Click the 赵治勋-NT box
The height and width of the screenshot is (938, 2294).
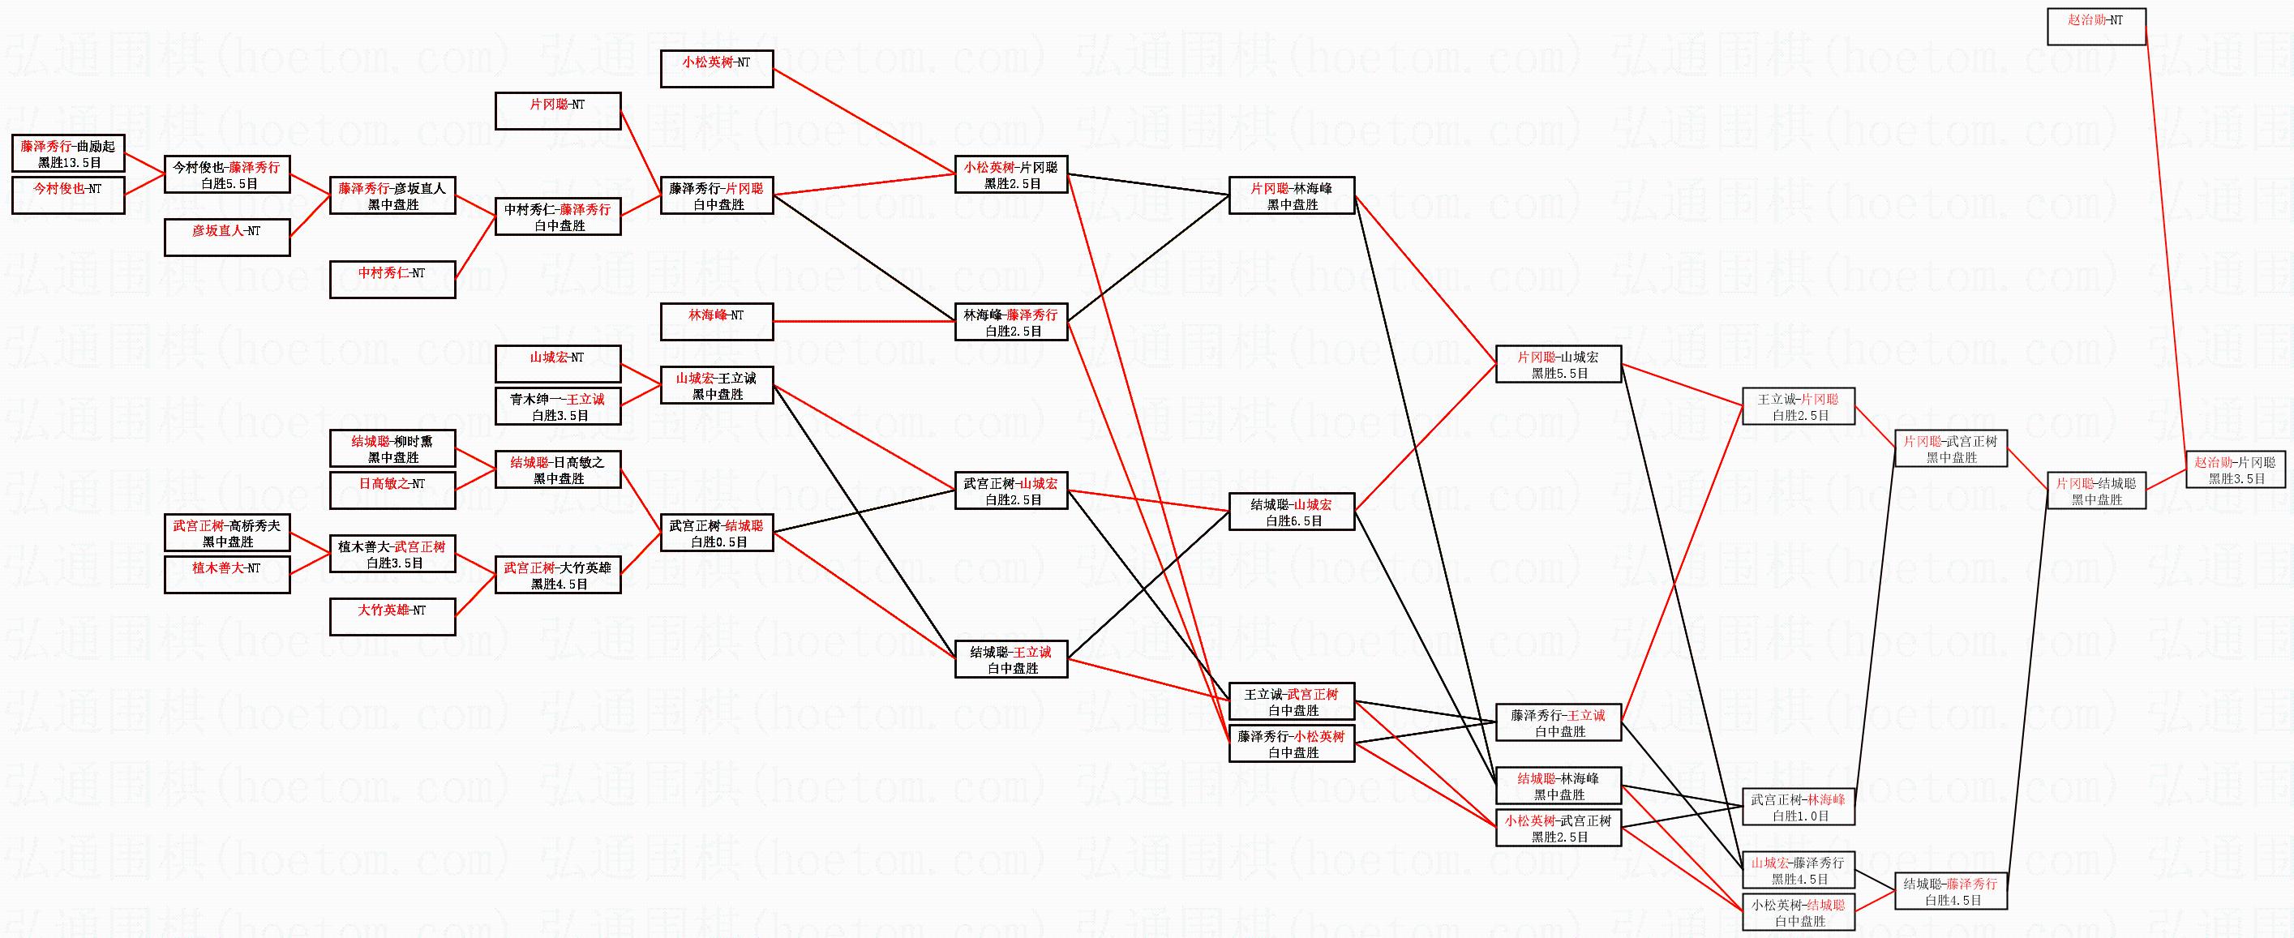coord(2095,27)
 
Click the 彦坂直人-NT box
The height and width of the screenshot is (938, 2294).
coord(227,237)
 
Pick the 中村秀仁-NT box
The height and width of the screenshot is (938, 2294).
coord(392,279)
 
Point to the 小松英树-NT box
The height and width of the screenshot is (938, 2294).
coord(717,69)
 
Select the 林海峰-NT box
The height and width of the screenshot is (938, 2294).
coord(717,321)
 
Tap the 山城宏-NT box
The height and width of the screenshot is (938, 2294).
coord(557,363)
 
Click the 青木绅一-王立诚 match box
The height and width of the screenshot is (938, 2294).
coord(557,406)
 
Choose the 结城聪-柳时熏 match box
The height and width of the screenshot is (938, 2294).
coord(392,448)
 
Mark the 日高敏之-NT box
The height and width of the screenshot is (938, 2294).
coord(392,490)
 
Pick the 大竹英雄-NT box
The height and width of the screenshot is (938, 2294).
coord(392,616)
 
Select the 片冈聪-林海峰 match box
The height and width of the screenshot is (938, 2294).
coord(1291,195)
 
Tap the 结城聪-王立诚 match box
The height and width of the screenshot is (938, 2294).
coord(1010,658)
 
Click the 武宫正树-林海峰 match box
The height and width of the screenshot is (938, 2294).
coord(1798,807)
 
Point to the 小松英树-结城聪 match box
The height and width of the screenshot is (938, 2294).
coord(1798,911)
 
